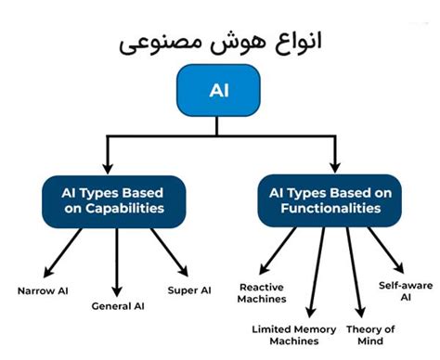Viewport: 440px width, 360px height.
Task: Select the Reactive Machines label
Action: point(262,292)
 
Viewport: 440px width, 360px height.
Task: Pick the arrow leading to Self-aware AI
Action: point(385,246)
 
